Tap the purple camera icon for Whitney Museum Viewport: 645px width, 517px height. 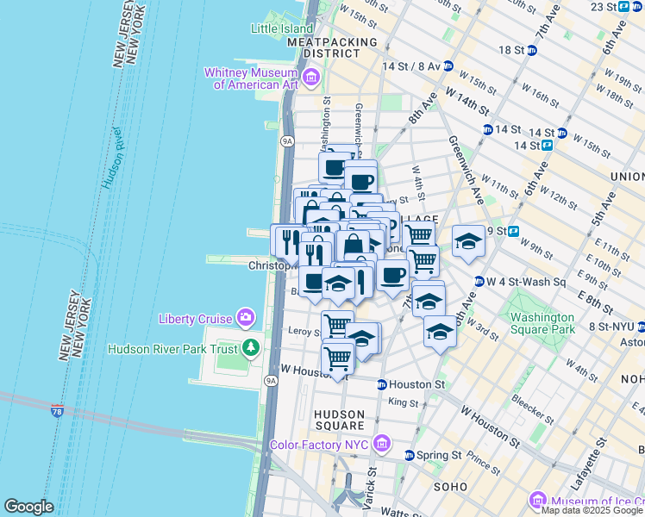[x=310, y=79]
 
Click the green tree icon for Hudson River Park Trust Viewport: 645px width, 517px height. [x=251, y=348]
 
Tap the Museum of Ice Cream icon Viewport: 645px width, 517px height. [x=538, y=501]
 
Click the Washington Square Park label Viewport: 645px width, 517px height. [x=542, y=323]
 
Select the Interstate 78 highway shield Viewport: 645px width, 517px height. [x=57, y=411]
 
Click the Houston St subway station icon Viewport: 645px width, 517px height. [x=381, y=384]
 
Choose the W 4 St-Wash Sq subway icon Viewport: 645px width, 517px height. [x=479, y=281]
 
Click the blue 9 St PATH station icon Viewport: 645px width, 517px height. [x=513, y=231]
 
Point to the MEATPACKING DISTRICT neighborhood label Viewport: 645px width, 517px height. [x=333, y=47]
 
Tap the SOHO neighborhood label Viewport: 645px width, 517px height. [x=450, y=487]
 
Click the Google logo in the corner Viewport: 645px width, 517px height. [x=28, y=507]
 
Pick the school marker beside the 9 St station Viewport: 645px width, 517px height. [x=468, y=241]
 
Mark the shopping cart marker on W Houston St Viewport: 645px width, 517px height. [x=337, y=356]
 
